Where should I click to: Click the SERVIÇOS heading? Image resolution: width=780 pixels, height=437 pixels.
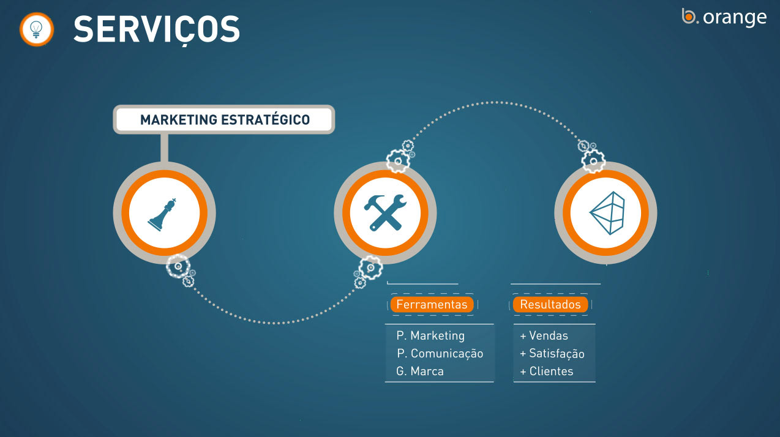157,30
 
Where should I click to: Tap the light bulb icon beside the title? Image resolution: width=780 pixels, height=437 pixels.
36,29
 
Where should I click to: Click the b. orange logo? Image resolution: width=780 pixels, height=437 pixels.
724,17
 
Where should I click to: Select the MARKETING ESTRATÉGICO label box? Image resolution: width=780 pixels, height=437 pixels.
224,119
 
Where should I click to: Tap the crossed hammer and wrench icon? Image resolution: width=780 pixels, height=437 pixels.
385,212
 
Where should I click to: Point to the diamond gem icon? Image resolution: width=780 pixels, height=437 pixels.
607,213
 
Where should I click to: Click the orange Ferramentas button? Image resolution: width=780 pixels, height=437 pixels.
432,304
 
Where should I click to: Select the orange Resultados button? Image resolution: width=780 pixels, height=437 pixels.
550,304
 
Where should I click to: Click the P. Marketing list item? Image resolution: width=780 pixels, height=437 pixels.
430,335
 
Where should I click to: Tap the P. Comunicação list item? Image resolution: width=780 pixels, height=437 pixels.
440,353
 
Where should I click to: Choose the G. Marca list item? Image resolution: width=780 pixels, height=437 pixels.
420,371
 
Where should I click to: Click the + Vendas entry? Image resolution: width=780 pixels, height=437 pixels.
544,335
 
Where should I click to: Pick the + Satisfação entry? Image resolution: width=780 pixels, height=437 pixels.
552,353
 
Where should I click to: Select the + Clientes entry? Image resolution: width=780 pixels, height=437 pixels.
546,371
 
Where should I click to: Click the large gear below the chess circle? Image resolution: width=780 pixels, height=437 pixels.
178,266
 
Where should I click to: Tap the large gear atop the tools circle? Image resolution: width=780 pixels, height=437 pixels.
398,161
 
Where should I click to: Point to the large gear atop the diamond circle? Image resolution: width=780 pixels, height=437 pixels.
593,161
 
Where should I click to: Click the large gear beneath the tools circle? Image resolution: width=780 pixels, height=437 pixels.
371,267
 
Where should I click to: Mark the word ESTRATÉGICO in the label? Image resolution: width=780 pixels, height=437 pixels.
265,119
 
